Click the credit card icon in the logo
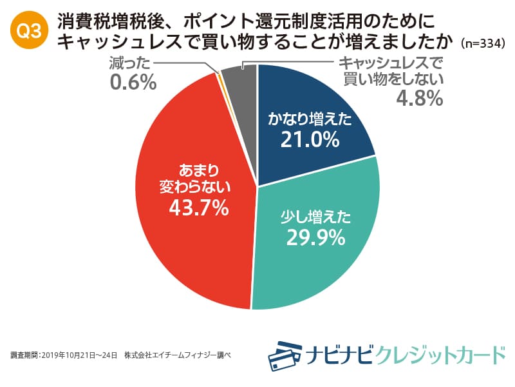click(286, 354)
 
